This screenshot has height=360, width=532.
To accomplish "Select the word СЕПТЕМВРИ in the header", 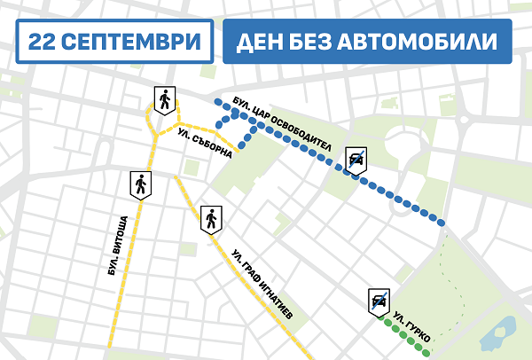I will (x=132, y=43).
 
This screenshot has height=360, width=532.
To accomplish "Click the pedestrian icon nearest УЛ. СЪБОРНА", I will (x=165, y=99).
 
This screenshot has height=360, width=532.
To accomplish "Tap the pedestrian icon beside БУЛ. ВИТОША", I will (x=141, y=185).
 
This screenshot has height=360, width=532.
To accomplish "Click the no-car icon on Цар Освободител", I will (x=356, y=159).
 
